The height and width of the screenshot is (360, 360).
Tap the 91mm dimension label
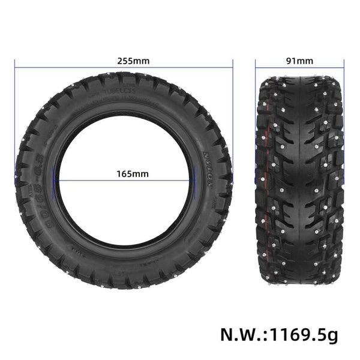301,61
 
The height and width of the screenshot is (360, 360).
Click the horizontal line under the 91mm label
300,67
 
